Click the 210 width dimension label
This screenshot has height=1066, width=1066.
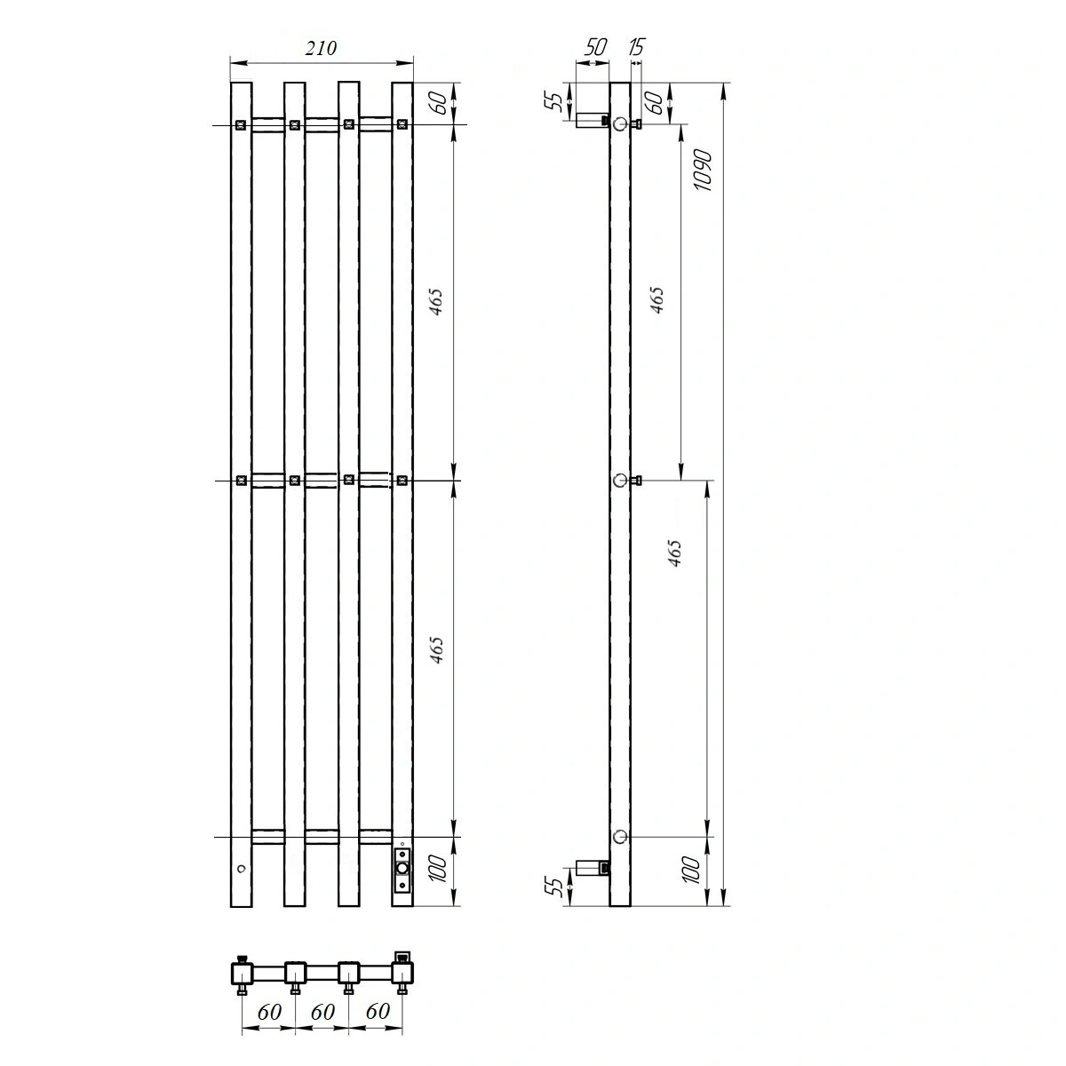321,49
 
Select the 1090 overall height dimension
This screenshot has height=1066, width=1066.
703,169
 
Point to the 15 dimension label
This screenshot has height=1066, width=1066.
635,47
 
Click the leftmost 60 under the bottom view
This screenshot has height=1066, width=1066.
269,1012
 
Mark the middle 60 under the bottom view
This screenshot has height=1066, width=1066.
322,1012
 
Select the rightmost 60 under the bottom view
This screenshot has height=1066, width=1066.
377,1012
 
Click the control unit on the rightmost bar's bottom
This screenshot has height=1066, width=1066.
402,868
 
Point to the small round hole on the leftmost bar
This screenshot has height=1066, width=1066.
240,868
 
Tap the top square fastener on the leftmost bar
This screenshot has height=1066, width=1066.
241,125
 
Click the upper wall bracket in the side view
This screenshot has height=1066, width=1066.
591,121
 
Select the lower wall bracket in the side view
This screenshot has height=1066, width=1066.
592,867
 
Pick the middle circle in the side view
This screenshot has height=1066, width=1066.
620,481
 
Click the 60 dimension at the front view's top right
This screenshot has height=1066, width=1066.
437,103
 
